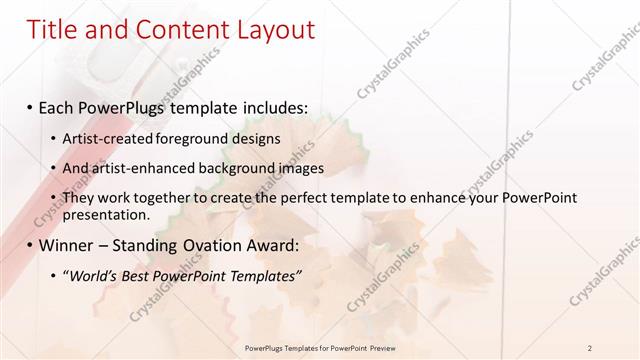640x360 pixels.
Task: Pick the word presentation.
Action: [x=106, y=214]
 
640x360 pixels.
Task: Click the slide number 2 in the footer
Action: [x=590, y=348]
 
